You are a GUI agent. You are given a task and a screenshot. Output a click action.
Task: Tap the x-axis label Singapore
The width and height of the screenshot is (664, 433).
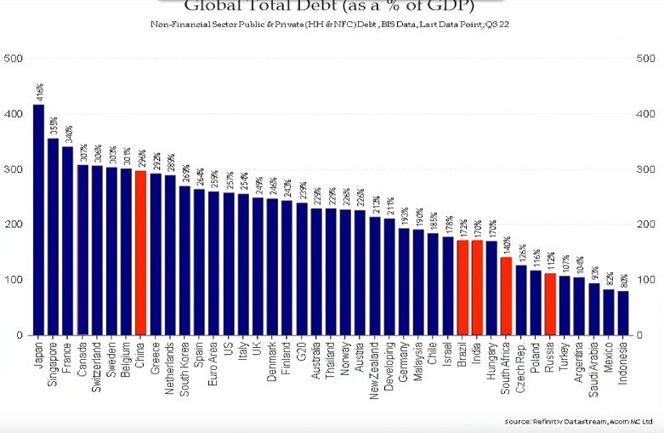[x=54, y=367]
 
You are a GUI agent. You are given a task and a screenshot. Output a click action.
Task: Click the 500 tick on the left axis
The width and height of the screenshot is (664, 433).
[x=14, y=59]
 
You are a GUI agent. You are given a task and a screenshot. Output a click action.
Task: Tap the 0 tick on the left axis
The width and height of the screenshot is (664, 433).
[x=20, y=335]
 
